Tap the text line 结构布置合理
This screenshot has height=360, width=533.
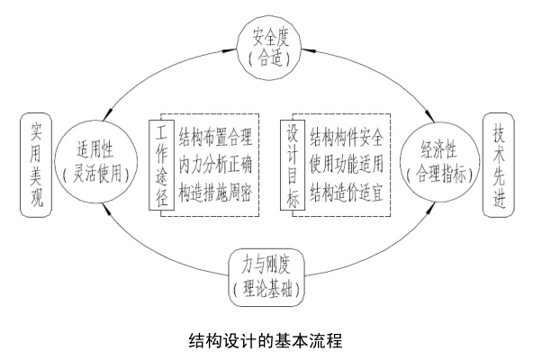(215, 138)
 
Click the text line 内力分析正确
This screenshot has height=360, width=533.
(215, 165)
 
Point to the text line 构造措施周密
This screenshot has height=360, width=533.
(215, 192)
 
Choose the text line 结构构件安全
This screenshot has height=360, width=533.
(347, 138)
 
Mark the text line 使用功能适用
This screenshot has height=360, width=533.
(347, 165)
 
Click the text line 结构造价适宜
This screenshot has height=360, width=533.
(347, 192)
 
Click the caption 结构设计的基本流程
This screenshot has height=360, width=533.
(266, 340)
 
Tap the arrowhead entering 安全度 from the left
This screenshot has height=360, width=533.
(230, 50)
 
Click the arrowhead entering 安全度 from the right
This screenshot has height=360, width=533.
(308, 50)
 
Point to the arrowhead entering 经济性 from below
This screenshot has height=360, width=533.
(430, 209)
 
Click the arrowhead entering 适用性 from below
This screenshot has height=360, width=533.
(107, 210)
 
